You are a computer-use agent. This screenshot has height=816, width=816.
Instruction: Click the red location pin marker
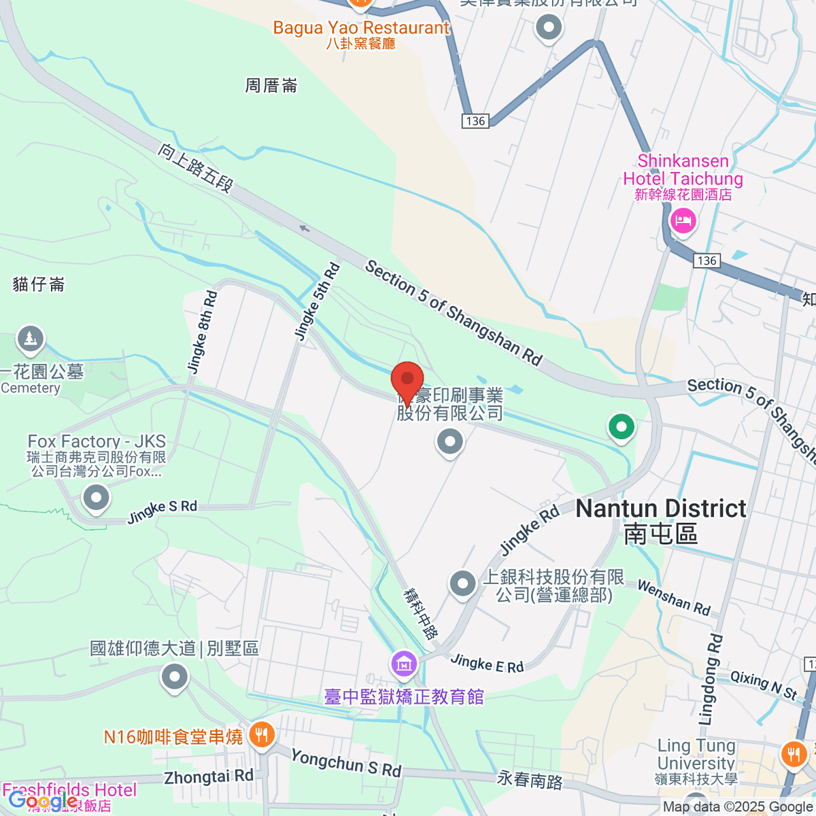pyautogui.click(x=407, y=379)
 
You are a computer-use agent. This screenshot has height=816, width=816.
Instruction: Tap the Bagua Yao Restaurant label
pyautogui.click(x=361, y=28)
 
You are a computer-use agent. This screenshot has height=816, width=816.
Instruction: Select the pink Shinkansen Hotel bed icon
pyautogui.click(x=683, y=220)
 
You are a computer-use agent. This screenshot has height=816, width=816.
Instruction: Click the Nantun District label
pyautogui.click(x=661, y=509)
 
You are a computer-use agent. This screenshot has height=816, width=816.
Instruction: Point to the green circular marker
pyautogui.click(x=621, y=427)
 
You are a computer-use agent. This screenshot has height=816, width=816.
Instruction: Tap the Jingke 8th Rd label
pyautogui.click(x=202, y=333)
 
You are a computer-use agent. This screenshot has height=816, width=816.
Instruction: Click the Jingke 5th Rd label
pyautogui.click(x=317, y=301)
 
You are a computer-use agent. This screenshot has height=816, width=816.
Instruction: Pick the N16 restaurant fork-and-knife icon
pyautogui.click(x=261, y=735)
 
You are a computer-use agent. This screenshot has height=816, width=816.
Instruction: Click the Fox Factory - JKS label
pyautogui.click(x=97, y=442)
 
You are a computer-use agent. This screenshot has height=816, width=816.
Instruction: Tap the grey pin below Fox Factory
pyautogui.click(x=96, y=498)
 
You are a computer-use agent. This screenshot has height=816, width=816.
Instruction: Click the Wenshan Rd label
pyautogui.click(x=673, y=598)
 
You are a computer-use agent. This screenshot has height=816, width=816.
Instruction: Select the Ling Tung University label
pyautogui.click(x=696, y=754)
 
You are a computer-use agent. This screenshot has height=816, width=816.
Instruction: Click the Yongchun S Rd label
pyautogui.click(x=346, y=762)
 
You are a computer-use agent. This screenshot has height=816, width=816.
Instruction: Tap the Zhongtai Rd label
pyautogui.click(x=209, y=777)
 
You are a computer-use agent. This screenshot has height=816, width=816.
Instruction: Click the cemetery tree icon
pyautogui.click(x=30, y=339)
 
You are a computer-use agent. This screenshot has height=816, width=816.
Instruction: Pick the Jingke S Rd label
pyautogui.click(x=162, y=512)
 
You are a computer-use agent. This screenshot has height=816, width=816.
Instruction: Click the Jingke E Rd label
pyautogui.click(x=487, y=663)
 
